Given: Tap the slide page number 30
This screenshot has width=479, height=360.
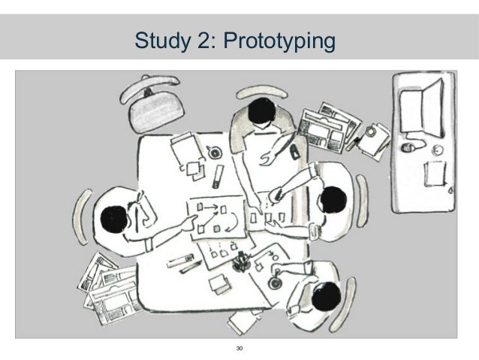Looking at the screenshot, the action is coord(239,349).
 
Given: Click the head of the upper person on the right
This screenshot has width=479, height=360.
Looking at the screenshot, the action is coord(331,200).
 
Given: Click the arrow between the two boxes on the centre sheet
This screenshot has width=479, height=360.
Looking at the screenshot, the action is coord(209,204).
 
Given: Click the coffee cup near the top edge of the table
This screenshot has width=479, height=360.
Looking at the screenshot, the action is coord(215,152).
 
